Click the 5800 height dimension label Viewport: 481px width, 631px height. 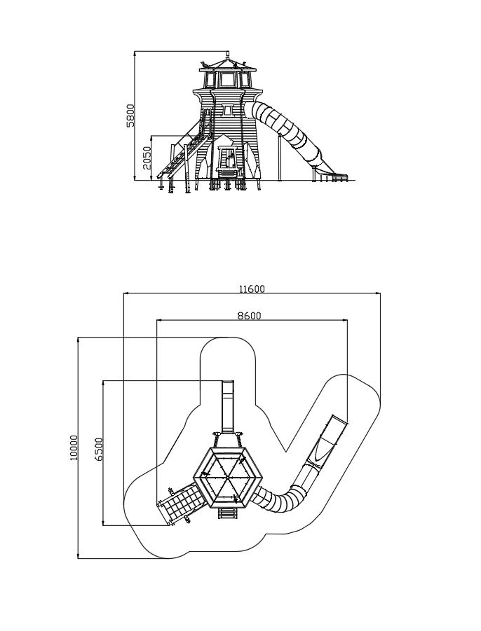coord(130,116)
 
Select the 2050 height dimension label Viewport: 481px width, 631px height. coord(147,158)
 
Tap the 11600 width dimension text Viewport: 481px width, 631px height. coord(252,289)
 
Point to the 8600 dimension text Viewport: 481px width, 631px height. coord(249,316)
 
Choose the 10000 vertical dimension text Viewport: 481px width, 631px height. coord(74,448)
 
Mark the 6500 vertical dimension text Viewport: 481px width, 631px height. coord(99,449)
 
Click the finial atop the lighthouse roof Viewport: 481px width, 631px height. coord(228,54)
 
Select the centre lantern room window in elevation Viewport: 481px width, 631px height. coord(228,80)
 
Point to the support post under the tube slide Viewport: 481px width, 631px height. coord(279,158)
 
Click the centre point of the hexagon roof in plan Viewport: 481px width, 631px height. coord(228,477)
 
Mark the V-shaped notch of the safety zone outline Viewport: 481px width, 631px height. coord(286,451)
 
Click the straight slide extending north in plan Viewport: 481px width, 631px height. coord(228,405)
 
